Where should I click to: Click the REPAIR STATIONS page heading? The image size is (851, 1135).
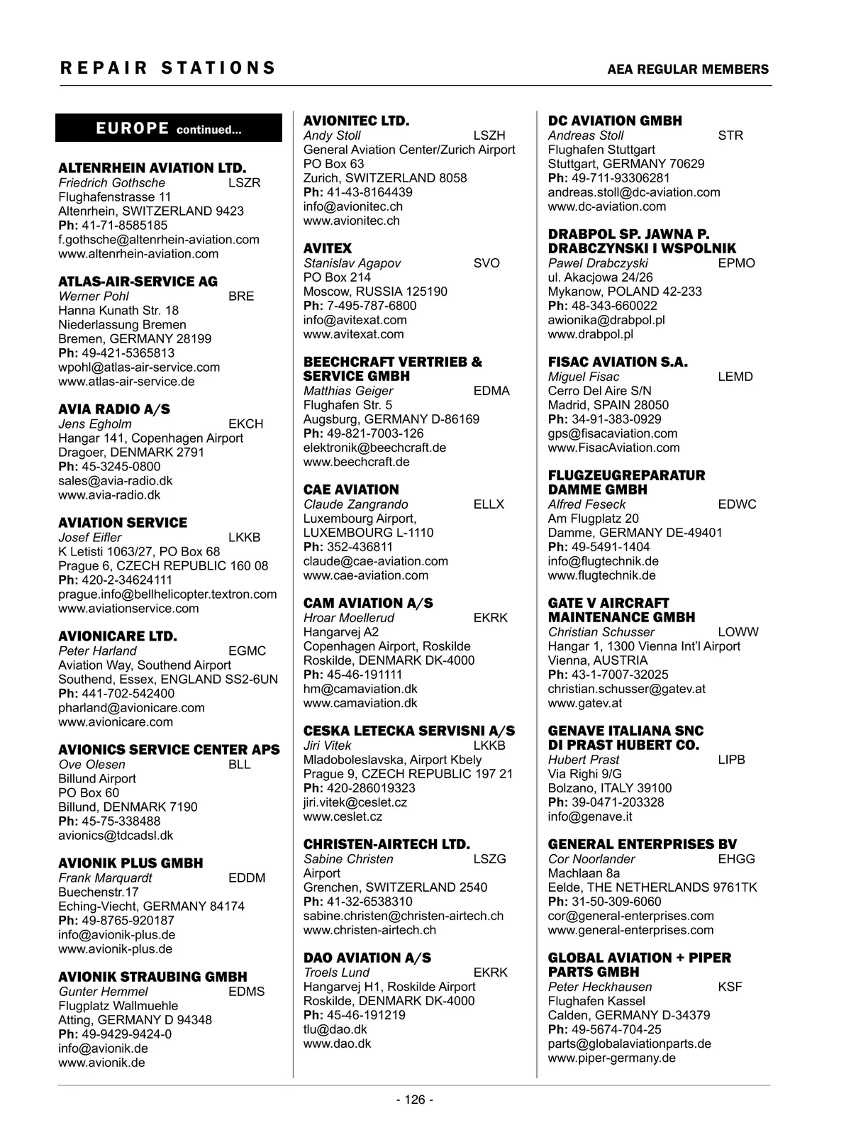tap(167, 68)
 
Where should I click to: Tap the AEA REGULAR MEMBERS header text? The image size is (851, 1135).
tap(688, 70)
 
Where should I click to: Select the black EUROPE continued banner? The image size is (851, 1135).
tap(169, 129)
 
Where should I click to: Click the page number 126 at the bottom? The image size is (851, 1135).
tap(415, 1100)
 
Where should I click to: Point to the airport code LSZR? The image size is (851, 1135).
tap(245, 183)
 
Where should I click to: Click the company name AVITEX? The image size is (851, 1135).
tap(327, 248)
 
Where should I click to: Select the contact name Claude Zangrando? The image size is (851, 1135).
tap(355, 504)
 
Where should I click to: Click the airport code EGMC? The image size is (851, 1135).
tap(247, 651)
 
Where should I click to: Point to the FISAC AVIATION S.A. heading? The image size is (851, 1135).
tap(617, 362)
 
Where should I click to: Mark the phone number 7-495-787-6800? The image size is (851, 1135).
tap(371, 306)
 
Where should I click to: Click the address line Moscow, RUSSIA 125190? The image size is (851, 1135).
tap(375, 292)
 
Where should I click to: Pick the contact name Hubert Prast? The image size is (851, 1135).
tap(583, 760)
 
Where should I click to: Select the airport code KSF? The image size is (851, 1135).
tap(730, 987)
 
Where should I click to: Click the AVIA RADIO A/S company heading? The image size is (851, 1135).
tap(113, 409)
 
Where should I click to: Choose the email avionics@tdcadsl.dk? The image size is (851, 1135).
tap(116, 836)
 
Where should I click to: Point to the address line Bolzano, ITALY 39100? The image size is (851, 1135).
tap(609, 788)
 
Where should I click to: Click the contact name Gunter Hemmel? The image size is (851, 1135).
tap(103, 992)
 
